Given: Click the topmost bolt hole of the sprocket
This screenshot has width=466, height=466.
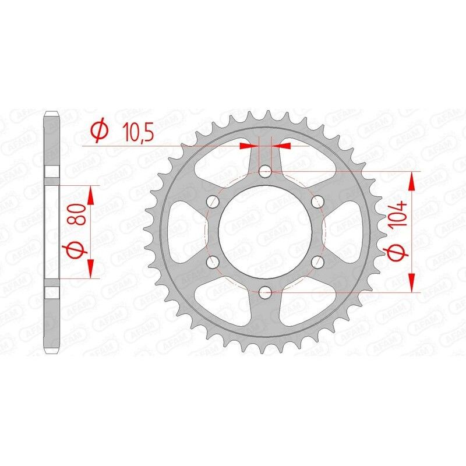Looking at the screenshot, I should (x=264, y=171).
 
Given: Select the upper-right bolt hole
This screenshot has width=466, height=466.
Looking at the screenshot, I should (x=317, y=201).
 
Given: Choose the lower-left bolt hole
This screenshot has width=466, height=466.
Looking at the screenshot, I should (x=212, y=261).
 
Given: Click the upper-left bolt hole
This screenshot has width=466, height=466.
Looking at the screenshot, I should (x=212, y=201).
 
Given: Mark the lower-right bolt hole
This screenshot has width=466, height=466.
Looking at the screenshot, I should (x=317, y=261).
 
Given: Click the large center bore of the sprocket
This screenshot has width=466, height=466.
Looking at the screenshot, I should (x=264, y=231).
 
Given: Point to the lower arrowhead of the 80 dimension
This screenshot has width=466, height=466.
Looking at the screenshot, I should (x=90, y=269).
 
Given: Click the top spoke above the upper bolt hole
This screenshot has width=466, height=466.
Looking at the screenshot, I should (x=264, y=149).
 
